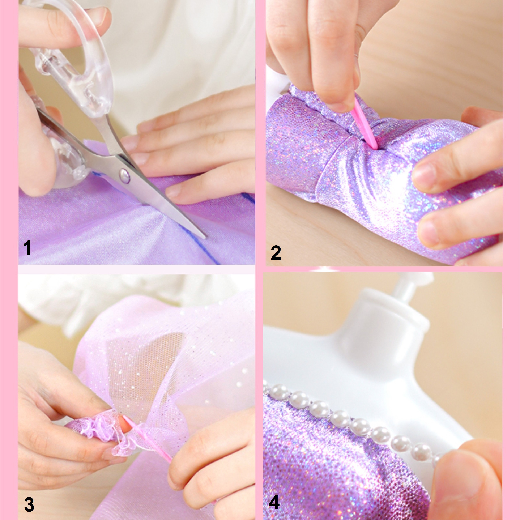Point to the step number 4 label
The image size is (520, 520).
pos(274,502)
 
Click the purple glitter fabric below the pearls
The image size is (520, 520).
pos(336,463)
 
